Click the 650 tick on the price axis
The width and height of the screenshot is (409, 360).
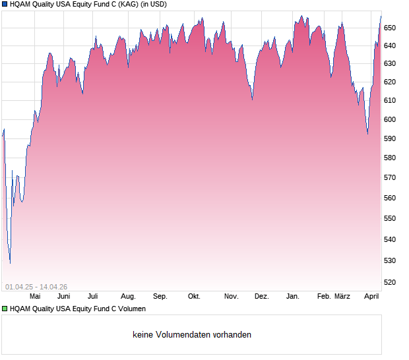pos(390,28)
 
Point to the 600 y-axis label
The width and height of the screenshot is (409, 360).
pos(390,119)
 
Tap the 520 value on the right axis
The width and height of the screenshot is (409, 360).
pos(390,282)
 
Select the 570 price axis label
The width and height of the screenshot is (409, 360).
pos(390,177)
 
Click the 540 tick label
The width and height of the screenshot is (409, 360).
pos(390,239)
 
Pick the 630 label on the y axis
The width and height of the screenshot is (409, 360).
pos(390,63)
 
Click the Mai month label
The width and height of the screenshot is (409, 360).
pos(35,297)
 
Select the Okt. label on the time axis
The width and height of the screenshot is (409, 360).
pos(194,297)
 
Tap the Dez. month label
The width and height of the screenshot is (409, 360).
pos(262,297)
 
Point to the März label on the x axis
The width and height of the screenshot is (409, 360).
pos(342,297)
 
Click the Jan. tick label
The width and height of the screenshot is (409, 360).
pos(292,297)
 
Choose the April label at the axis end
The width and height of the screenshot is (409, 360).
pos(372,297)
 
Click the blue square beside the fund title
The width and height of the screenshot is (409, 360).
pos(5,4)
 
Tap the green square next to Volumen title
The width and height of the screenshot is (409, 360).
pos(5,309)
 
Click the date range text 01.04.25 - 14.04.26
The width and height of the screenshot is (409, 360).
pos(36,286)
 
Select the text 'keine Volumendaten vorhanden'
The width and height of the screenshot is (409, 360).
pos(192,335)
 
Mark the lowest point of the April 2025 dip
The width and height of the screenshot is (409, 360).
pos(10,263)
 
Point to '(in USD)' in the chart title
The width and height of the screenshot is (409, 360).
pos(154,4)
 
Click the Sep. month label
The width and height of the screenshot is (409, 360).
pos(160,297)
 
